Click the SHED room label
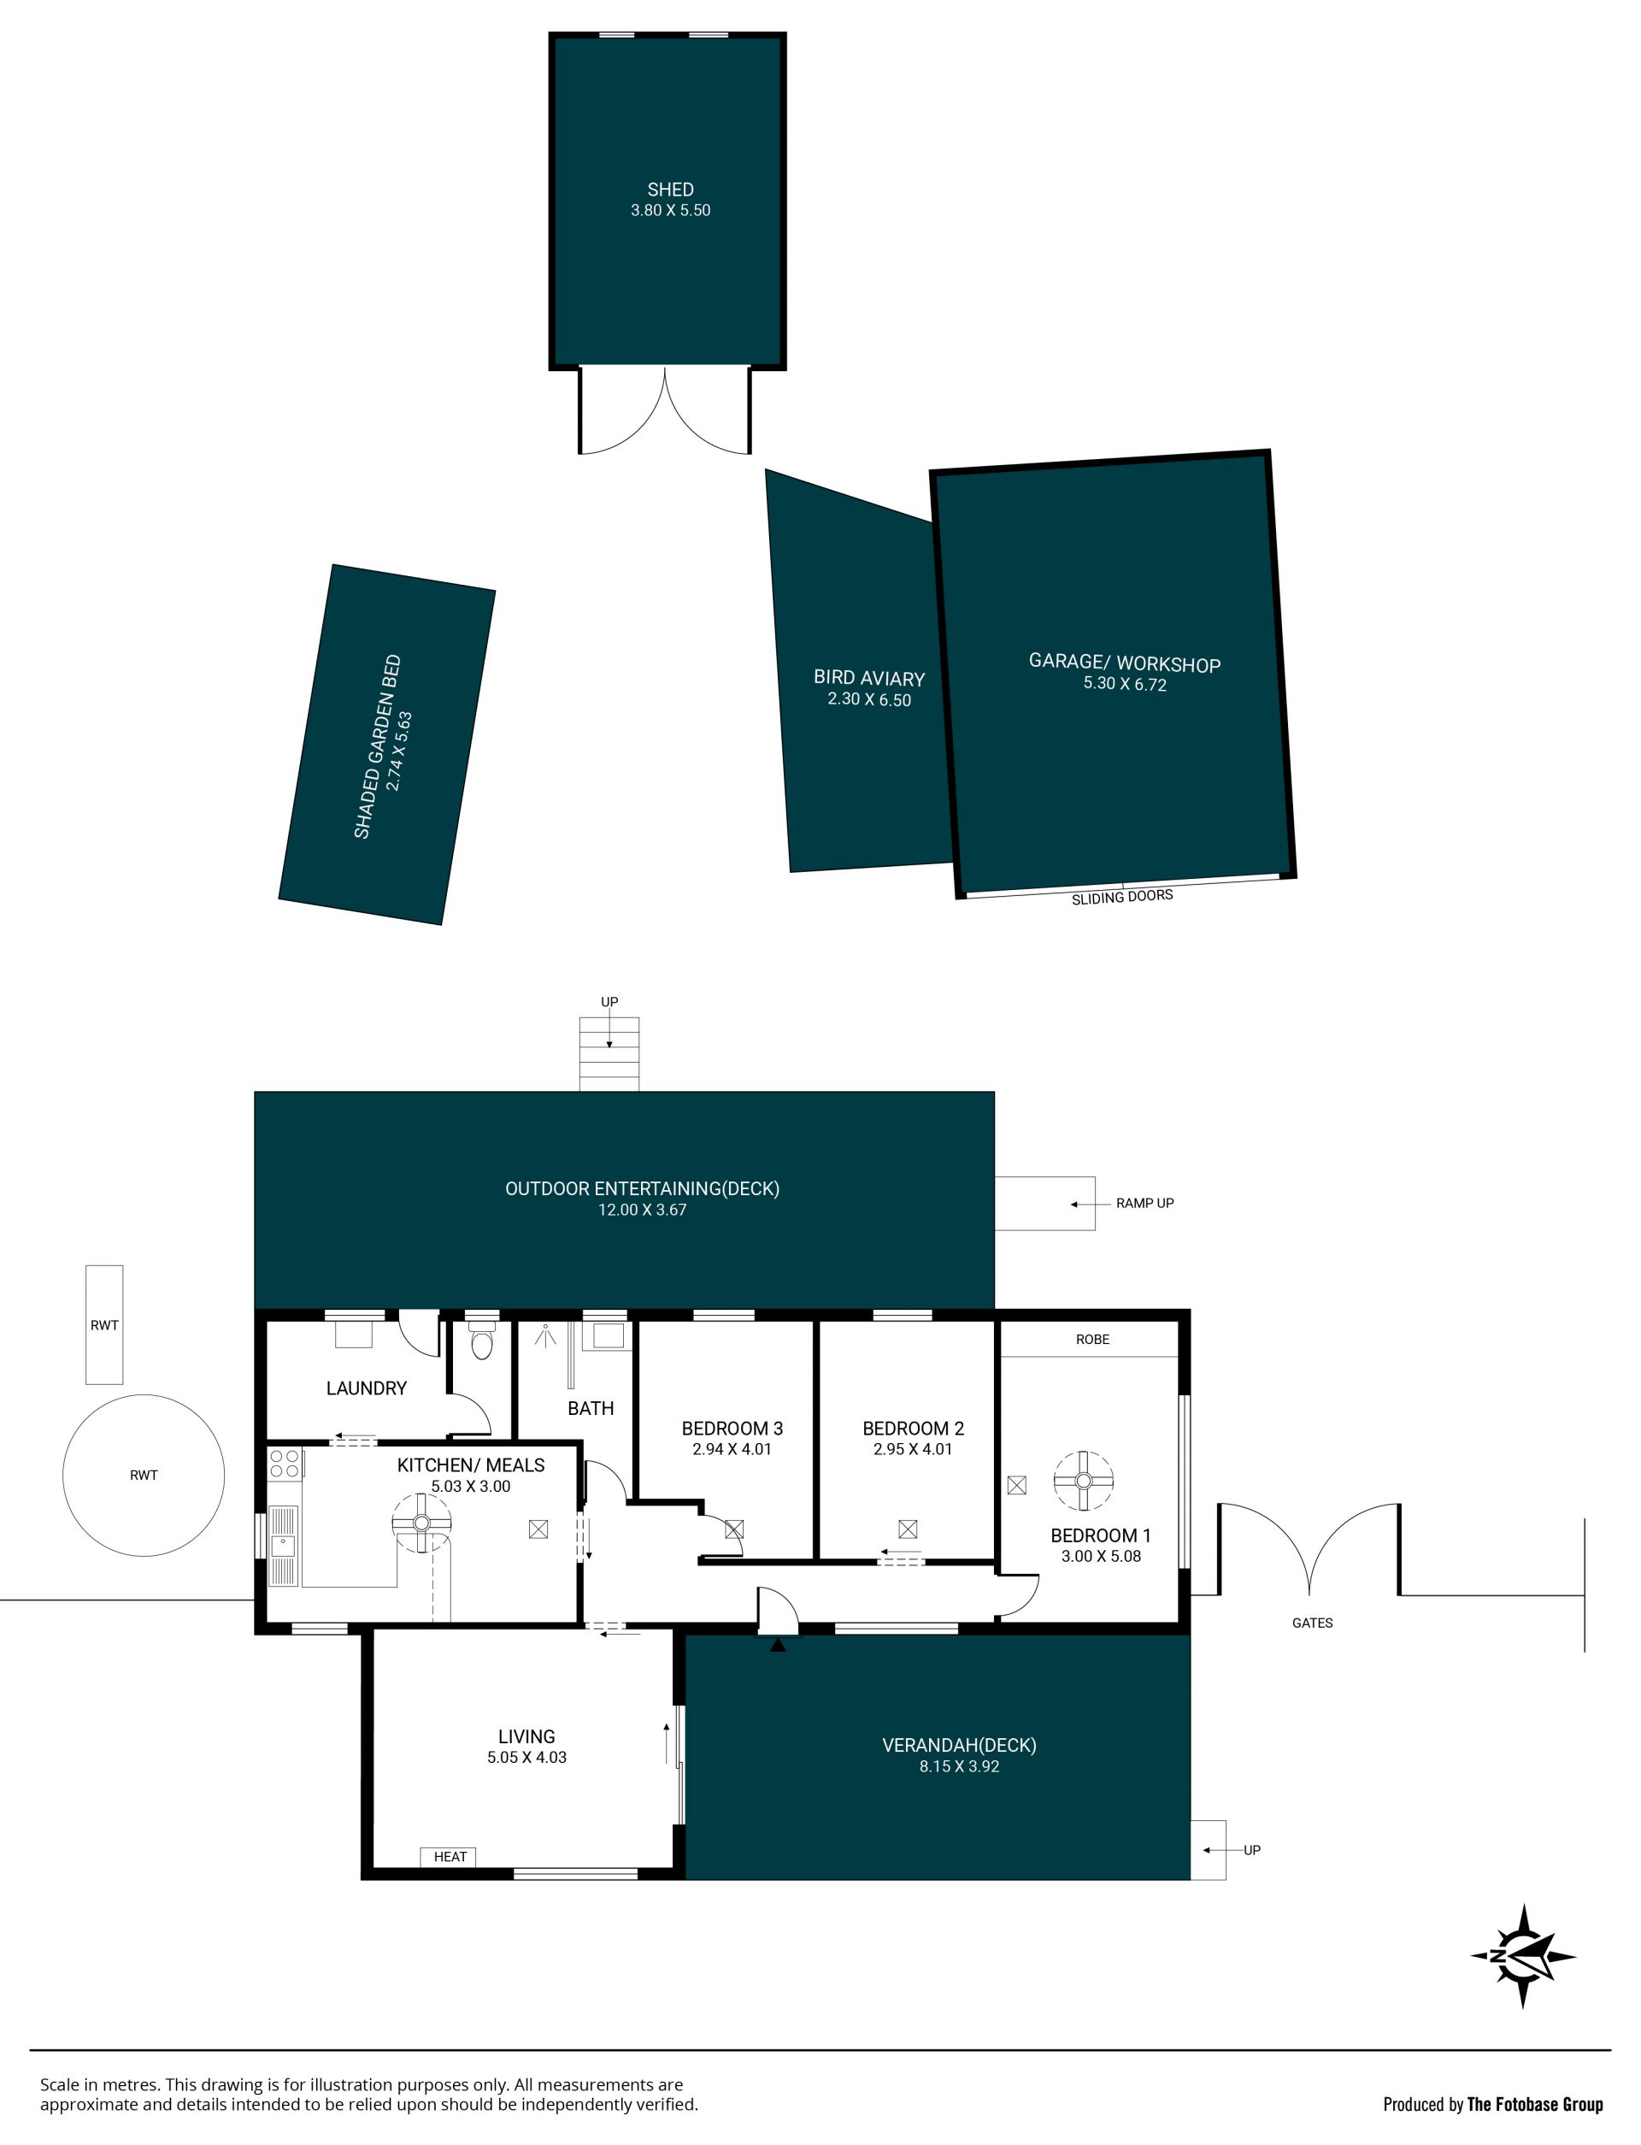coord(670,190)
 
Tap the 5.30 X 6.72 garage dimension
coord(1124,684)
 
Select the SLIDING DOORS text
coord(1122,897)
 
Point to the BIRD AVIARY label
coord(869,678)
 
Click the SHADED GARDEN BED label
coord(377,746)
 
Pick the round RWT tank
coord(144,1475)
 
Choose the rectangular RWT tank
coord(104,1324)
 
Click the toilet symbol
coord(481,1341)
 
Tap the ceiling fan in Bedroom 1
coord(1083,1481)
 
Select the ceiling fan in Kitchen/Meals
coord(422,1523)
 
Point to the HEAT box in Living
coord(450,1856)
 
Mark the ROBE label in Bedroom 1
coord(1092,1339)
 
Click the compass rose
coord(1523,1955)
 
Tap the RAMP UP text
coord(1144,1204)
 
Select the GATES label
coord(1312,1623)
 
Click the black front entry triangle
coord(778,1645)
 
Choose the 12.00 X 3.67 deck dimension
coord(643,1209)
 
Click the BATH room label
coord(591,1407)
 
